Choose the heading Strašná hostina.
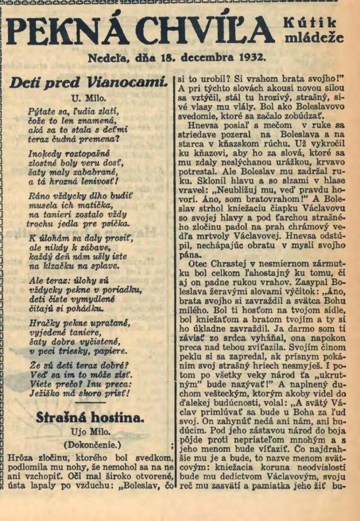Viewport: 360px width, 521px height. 90,418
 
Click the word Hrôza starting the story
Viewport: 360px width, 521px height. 20,458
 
